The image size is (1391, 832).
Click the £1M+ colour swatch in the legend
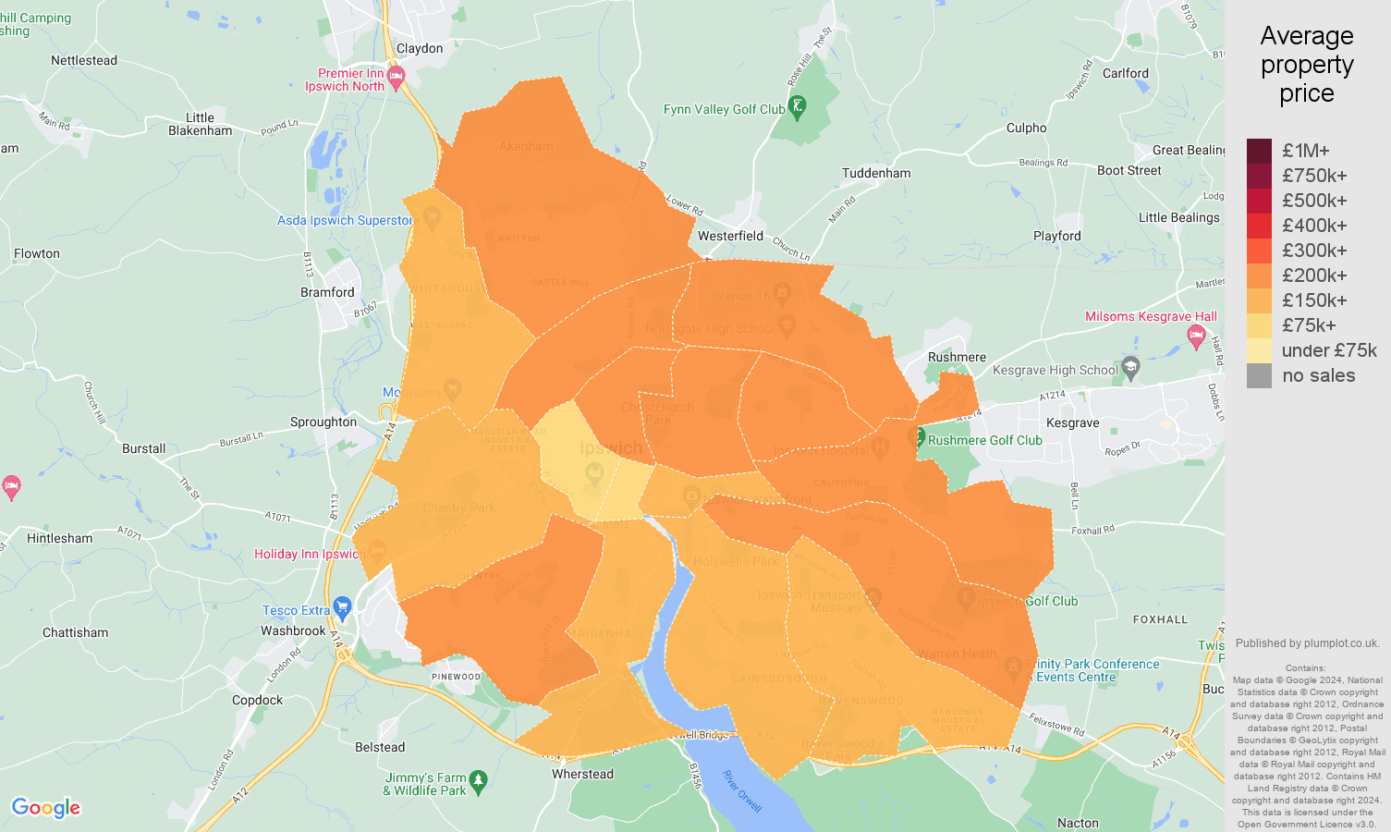pos(1259,151)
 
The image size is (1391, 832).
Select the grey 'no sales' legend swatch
pos(1259,375)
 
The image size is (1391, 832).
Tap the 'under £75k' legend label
pos(1328,350)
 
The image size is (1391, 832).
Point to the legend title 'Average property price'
pos(1306,65)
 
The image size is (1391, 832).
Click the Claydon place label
pos(420,48)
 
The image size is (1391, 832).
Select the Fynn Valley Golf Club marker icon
pos(798,107)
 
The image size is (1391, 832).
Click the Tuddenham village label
pos(876,173)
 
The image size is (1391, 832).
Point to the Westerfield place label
pos(730,236)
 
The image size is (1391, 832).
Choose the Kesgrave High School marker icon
pos(1130,368)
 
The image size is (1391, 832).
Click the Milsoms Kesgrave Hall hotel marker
pos(1197,334)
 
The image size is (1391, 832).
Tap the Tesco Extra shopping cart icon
pos(343,608)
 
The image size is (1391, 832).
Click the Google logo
pos(46,808)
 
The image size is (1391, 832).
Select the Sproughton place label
pos(323,422)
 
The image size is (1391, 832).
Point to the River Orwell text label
pos(742,791)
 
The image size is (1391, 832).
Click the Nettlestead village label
pos(84,60)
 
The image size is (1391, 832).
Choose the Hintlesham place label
pos(60,538)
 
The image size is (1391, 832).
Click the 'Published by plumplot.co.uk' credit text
pos(1307,643)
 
